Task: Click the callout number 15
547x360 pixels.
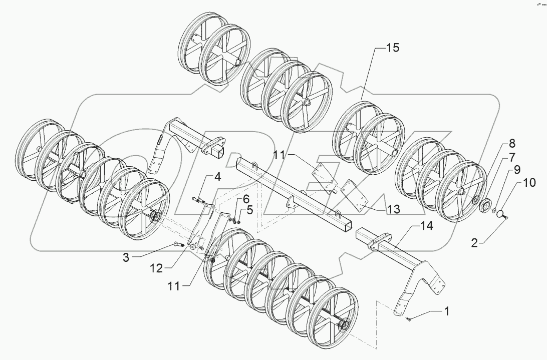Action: (393, 49)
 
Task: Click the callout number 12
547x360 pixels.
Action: (157, 268)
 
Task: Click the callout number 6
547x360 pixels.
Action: (246, 199)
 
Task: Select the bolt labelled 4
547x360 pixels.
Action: (197, 200)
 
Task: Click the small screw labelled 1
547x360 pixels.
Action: (409, 318)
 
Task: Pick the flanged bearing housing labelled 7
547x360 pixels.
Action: (485, 205)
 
